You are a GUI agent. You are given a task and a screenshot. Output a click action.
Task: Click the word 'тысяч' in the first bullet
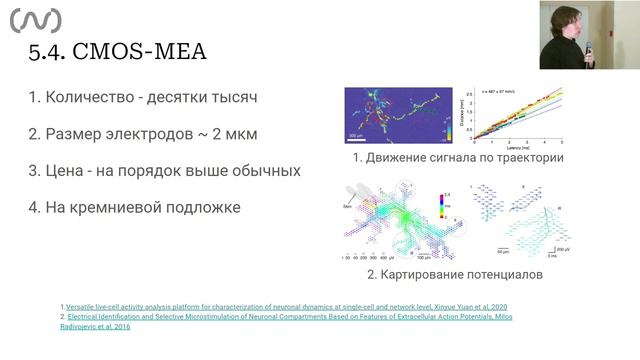point(234,98)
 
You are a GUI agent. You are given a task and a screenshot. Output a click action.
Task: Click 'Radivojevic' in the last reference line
point(87,326)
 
